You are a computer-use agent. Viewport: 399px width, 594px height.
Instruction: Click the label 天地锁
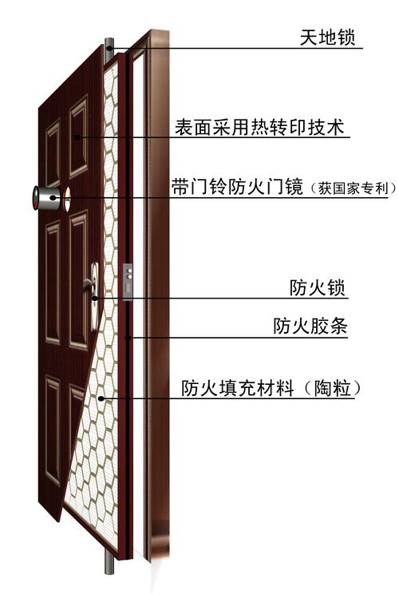coord(328,38)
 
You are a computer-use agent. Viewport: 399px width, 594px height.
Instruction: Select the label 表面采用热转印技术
coord(259,127)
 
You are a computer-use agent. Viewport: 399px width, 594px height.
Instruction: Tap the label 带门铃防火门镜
coord(237,187)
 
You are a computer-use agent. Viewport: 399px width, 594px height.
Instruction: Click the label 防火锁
coord(318,287)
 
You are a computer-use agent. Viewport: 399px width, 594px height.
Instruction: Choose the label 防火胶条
coord(310,326)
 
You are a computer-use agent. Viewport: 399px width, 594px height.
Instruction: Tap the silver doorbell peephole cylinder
coord(46,198)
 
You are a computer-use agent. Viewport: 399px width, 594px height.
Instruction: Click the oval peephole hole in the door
coord(67,199)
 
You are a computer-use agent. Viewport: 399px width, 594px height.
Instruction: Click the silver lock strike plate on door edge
coord(128,282)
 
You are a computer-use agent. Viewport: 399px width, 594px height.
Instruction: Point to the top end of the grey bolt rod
coord(109,39)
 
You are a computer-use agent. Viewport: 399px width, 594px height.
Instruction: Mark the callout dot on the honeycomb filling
coord(101,398)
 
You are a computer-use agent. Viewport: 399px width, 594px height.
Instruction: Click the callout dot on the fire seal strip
coord(128,337)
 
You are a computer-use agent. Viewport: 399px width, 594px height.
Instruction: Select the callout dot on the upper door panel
coord(77,137)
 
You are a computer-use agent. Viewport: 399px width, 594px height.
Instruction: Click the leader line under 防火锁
coord(222,299)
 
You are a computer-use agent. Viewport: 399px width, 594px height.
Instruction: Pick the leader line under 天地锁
coord(235,48)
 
